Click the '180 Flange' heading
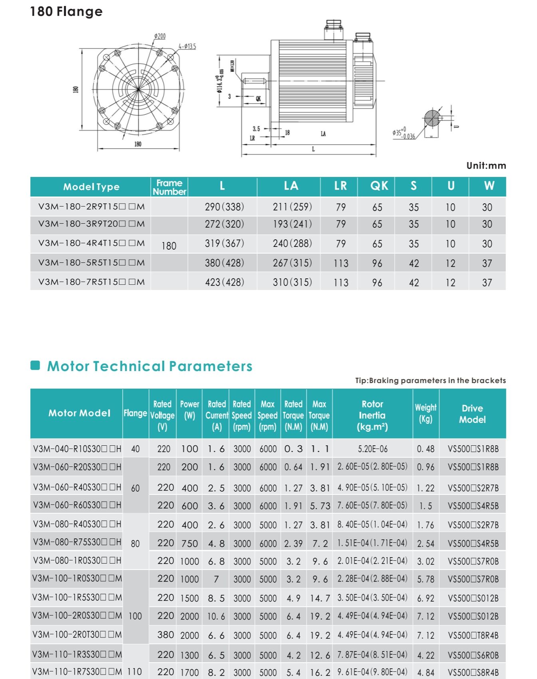[x=66, y=12]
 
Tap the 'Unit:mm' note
[x=486, y=166]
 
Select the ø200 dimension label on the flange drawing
[x=160, y=36]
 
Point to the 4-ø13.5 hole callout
[x=187, y=47]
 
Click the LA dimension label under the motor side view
[x=323, y=134]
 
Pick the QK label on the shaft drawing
[x=258, y=99]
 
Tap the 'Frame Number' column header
[x=169, y=187]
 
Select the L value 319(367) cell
[x=224, y=244]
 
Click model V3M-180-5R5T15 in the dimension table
[x=91, y=263]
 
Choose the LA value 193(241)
[x=292, y=224]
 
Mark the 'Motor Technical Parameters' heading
[x=149, y=366]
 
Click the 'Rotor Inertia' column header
[x=372, y=415]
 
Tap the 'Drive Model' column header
[x=472, y=414]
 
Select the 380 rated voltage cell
[x=165, y=635]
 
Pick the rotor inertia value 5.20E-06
[x=373, y=449]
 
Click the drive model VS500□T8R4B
[x=473, y=635]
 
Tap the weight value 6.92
[x=426, y=598]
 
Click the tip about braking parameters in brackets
[x=430, y=381]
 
